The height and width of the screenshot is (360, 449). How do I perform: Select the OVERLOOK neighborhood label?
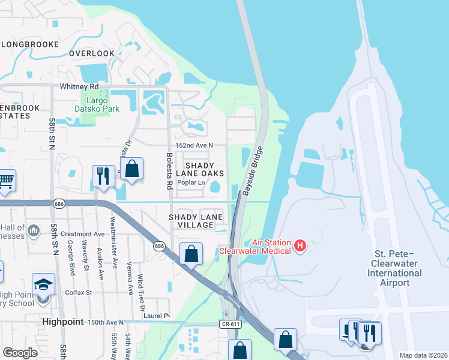click(91, 53)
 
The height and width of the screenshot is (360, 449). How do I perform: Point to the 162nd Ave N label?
click(194, 146)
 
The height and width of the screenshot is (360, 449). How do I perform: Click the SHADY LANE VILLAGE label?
click(196, 221)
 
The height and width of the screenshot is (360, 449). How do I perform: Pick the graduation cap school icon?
click(43, 284)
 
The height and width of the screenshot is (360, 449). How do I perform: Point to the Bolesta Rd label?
click(170, 171)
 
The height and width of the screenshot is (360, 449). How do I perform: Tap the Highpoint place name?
click(62, 322)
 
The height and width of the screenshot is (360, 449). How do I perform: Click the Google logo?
click(20, 352)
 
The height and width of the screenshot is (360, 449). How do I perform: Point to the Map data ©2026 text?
click(423, 355)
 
